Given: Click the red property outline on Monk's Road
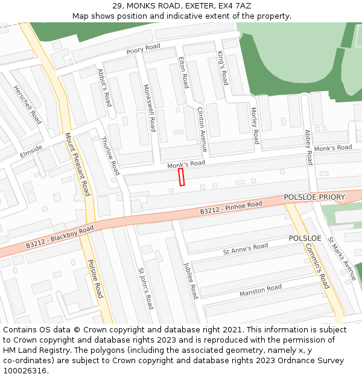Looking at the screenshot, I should click(x=181, y=177).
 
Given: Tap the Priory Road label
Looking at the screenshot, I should click(x=143, y=49).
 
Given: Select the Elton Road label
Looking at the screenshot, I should click(x=183, y=72).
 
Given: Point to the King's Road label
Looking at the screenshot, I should click(x=223, y=68).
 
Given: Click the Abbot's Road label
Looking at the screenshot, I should click(x=104, y=87).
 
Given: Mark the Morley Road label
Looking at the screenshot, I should click(x=255, y=125).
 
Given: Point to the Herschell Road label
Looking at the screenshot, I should click(x=27, y=104).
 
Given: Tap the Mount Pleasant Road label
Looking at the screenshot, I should click(x=77, y=164).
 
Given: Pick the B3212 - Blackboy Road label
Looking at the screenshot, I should click(x=60, y=238).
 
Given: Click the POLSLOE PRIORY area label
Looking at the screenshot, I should click(x=314, y=197).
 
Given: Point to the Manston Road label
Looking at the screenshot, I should click(x=261, y=291).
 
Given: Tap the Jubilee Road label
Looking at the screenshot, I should click(x=191, y=280).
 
